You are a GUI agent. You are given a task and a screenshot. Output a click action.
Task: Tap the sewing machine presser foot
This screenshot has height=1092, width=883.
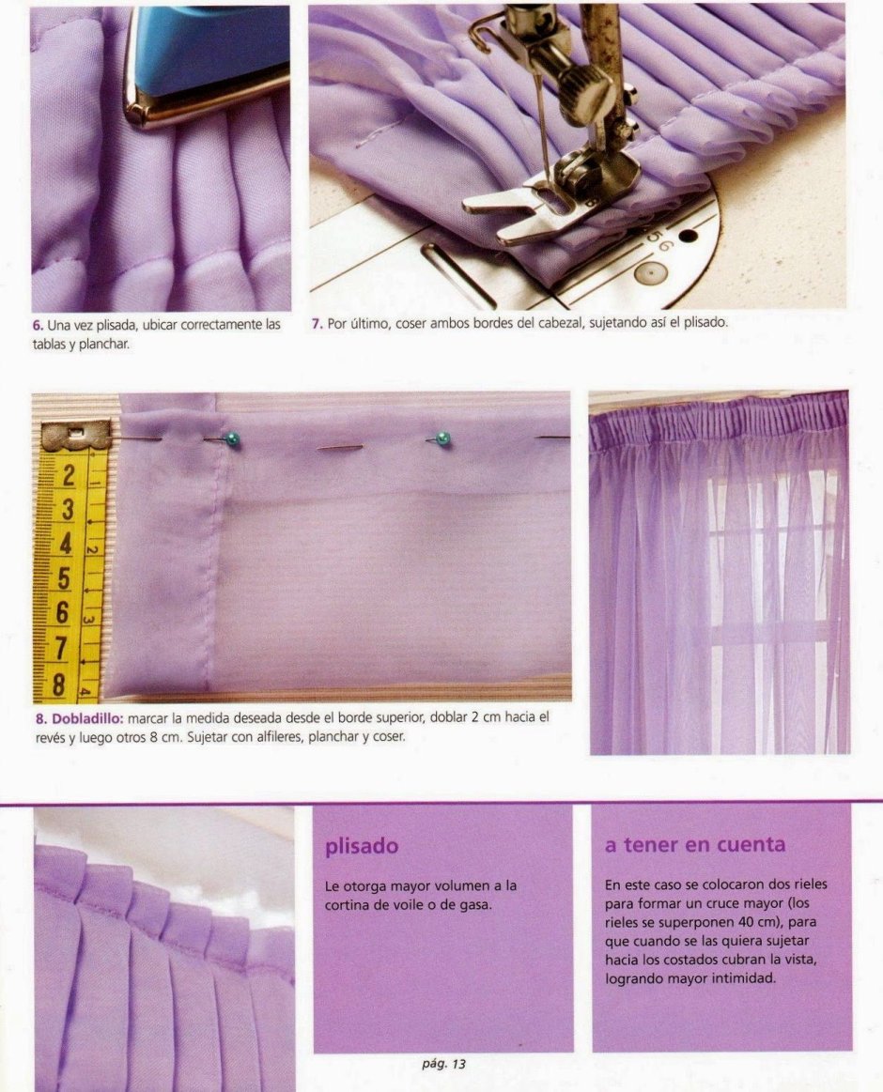550,202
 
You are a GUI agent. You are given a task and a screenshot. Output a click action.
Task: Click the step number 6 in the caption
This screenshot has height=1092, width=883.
37,325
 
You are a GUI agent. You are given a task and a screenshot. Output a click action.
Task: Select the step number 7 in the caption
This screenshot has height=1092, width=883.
318,324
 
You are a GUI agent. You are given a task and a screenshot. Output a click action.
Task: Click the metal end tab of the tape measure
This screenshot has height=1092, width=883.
75,436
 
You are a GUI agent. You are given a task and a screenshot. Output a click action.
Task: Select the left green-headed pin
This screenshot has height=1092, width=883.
232,438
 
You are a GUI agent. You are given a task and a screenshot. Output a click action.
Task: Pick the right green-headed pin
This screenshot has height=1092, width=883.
441,438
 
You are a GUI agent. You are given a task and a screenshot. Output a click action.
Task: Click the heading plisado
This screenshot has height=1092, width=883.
362,846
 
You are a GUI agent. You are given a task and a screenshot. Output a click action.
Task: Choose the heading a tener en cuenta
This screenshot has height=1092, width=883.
695,845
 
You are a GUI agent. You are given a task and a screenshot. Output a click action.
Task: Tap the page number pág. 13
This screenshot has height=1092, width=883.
444,1064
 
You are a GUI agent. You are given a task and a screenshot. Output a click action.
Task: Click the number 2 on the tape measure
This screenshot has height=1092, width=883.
69,477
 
